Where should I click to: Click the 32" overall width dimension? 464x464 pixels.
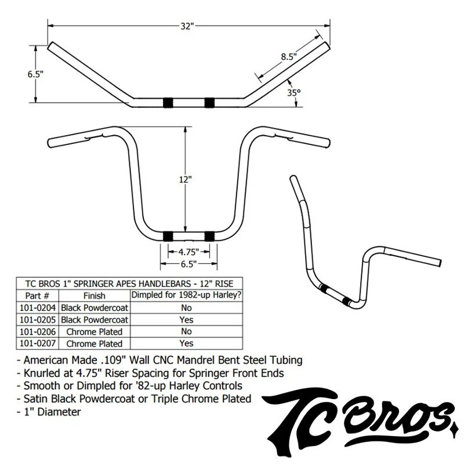pos(187,27)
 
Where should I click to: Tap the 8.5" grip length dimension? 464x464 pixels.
pos(288,57)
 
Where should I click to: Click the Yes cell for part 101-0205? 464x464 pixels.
pos(186,320)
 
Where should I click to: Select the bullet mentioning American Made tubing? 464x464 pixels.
pos(157,360)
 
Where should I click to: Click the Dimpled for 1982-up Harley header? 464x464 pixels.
pos(186,296)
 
